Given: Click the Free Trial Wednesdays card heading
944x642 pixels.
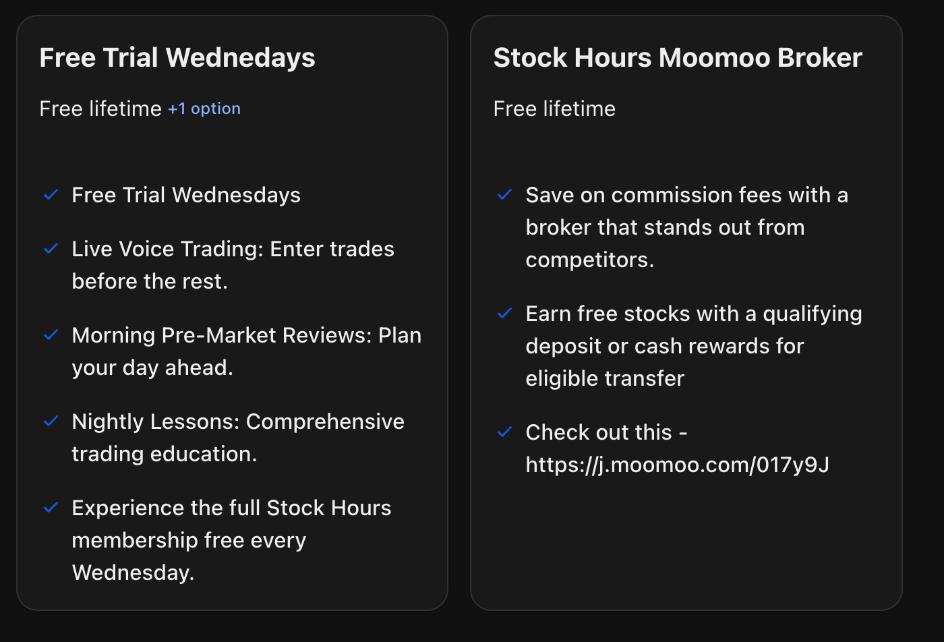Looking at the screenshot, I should point(177,58).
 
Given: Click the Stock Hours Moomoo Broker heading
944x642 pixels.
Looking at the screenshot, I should point(678,58).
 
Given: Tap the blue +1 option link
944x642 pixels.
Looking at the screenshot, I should point(204,109).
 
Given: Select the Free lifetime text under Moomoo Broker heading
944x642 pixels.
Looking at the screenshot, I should point(554,109).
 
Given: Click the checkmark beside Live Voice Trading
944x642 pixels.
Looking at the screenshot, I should point(51,249).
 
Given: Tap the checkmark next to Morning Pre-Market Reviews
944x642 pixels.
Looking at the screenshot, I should point(51,335).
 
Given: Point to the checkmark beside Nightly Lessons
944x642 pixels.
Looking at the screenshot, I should point(51,421).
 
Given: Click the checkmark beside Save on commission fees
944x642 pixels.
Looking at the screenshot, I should point(504,195).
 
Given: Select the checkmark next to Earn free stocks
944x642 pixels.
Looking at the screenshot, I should point(504,314).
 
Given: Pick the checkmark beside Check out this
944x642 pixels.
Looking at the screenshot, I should point(504,432).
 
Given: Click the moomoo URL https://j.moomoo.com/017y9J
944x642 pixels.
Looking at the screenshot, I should point(677,465).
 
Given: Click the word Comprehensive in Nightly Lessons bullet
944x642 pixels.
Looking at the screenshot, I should point(325,421).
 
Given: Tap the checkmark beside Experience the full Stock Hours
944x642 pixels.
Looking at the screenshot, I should point(51,508).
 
